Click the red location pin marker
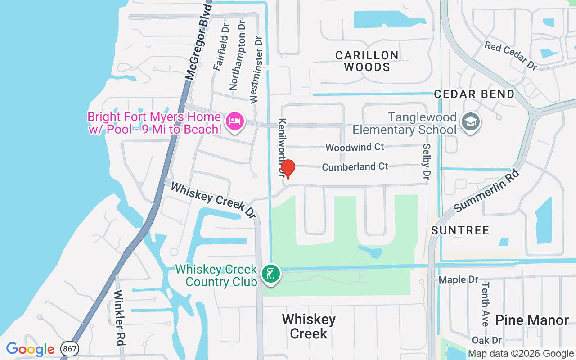click(x=288, y=169)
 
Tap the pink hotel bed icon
click(x=235, y=121)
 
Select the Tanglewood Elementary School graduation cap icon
click(x=471, y=121)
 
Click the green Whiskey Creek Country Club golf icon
click(x=271, y=273)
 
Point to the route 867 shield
click(x=69, y=349)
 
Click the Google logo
click(x=30, y=349)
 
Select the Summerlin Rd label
click(x=487, y=191)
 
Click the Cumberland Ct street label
click(x=355, y=167)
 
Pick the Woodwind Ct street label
click(x=355, y=147)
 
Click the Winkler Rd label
click(x=119, y=317)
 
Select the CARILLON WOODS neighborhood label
click(x=367, y=61)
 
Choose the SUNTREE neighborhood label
click(x=460, y=231)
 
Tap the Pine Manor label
click(x=532, y=320)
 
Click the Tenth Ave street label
click(x=485, y=304)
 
